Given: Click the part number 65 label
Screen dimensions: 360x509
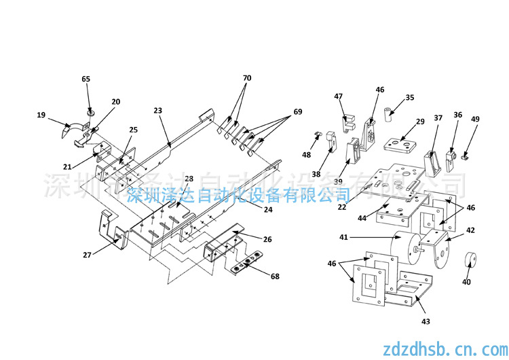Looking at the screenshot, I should (86, 79).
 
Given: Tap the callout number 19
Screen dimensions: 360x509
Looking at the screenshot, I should (41, 115).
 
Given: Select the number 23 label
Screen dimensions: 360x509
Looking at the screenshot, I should (158, 110).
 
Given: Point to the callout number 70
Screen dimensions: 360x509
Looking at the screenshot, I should (247, 78).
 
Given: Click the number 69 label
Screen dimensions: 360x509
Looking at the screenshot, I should (298, 112).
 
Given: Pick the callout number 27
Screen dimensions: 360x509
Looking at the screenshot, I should (87, 255).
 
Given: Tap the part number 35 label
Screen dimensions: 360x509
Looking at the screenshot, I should (409, 97).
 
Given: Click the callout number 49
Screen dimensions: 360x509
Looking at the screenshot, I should (475, 120).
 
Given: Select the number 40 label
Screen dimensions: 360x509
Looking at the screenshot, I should (466, 282).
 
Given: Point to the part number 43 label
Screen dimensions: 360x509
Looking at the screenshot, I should (425, 321).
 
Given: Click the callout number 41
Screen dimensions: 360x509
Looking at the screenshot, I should (344, 238).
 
